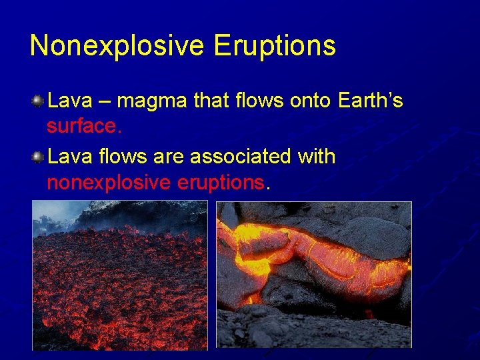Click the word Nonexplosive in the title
(117, 46)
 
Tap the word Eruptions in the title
(275, 46)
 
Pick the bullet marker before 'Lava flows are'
(37, 157)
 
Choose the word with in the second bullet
(317, 157)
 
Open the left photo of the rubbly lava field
(120, 275)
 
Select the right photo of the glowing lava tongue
(313, 275)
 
